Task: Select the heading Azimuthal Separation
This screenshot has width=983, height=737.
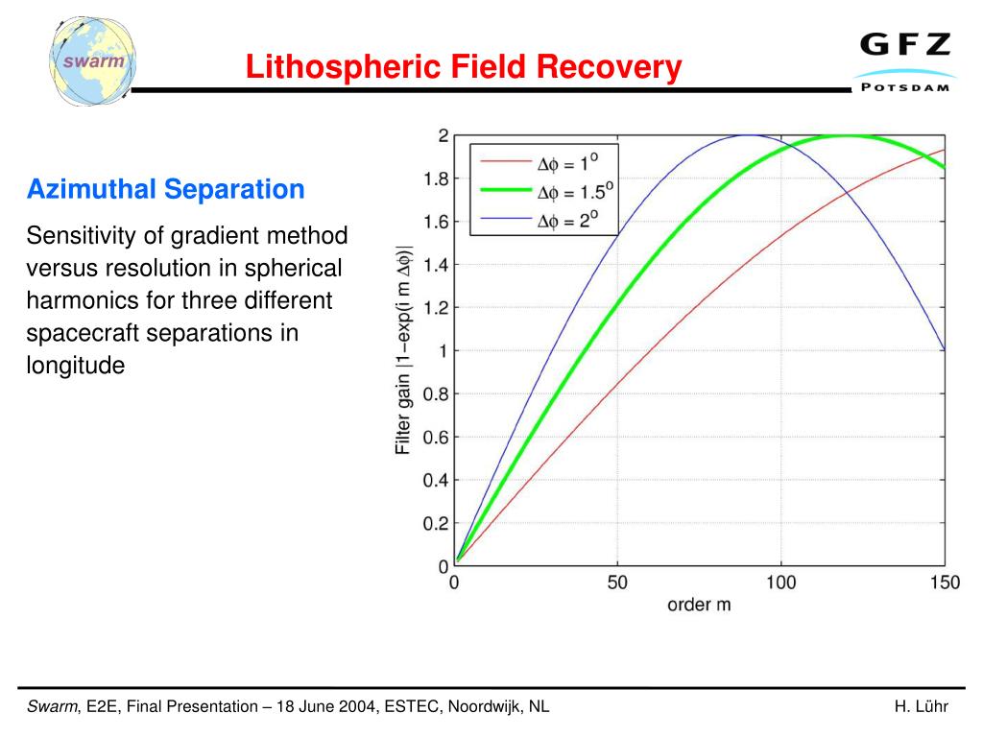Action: (165, 189)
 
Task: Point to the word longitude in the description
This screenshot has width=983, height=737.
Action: (76, 366)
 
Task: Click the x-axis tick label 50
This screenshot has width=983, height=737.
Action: (617, 583)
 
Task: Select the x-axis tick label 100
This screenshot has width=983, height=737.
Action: (781, 583)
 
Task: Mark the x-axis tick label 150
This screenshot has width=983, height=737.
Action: (945, 583)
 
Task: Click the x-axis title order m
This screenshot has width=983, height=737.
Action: (699, 606)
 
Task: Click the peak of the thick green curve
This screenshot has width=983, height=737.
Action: (847, 135)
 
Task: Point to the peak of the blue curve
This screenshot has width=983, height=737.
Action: (749, 135)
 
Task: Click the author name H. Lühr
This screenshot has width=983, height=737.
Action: (921, 707)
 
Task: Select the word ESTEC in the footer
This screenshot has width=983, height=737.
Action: (410, 707)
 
